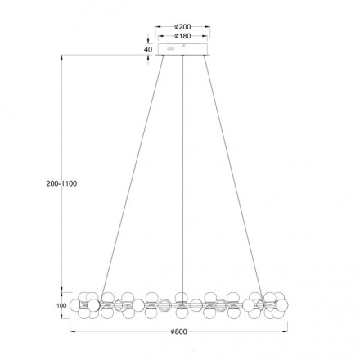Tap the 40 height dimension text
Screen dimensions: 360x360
pos(147,49)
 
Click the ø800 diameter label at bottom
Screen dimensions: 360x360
pos(181,331)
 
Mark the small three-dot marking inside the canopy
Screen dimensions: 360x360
pos(171,50)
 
